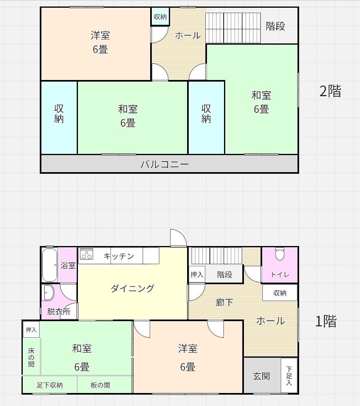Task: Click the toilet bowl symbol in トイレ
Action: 280,254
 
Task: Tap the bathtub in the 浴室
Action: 50,264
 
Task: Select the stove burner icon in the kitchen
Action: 86,254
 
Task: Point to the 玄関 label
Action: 261,376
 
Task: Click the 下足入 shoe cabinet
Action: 289,376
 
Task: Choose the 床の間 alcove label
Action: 31,357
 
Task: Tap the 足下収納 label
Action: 50,385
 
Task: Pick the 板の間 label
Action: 100,385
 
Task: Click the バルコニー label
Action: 165,164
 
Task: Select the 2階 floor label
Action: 330,91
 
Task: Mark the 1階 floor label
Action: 326,322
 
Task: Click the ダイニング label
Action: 132,288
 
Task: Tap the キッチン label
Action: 119,256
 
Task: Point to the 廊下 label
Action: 224,302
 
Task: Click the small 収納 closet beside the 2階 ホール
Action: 160,17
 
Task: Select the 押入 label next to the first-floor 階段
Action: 197,275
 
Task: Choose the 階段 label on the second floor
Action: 276,26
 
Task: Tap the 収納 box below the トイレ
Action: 280,292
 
